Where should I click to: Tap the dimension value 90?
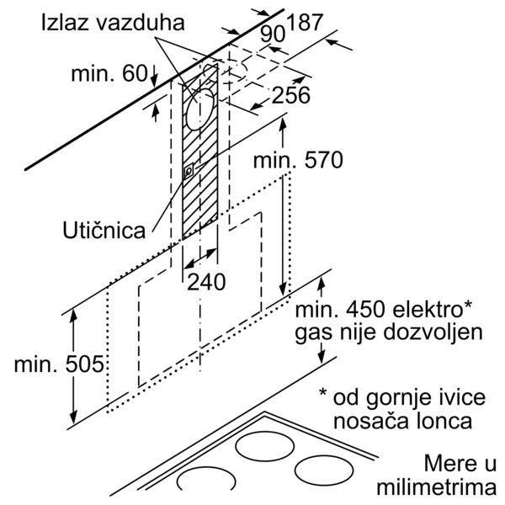coord(271,35)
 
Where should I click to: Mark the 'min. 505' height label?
coord(59,365)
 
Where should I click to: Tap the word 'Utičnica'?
coord(103,230)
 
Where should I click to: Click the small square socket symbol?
coord(189,171)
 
